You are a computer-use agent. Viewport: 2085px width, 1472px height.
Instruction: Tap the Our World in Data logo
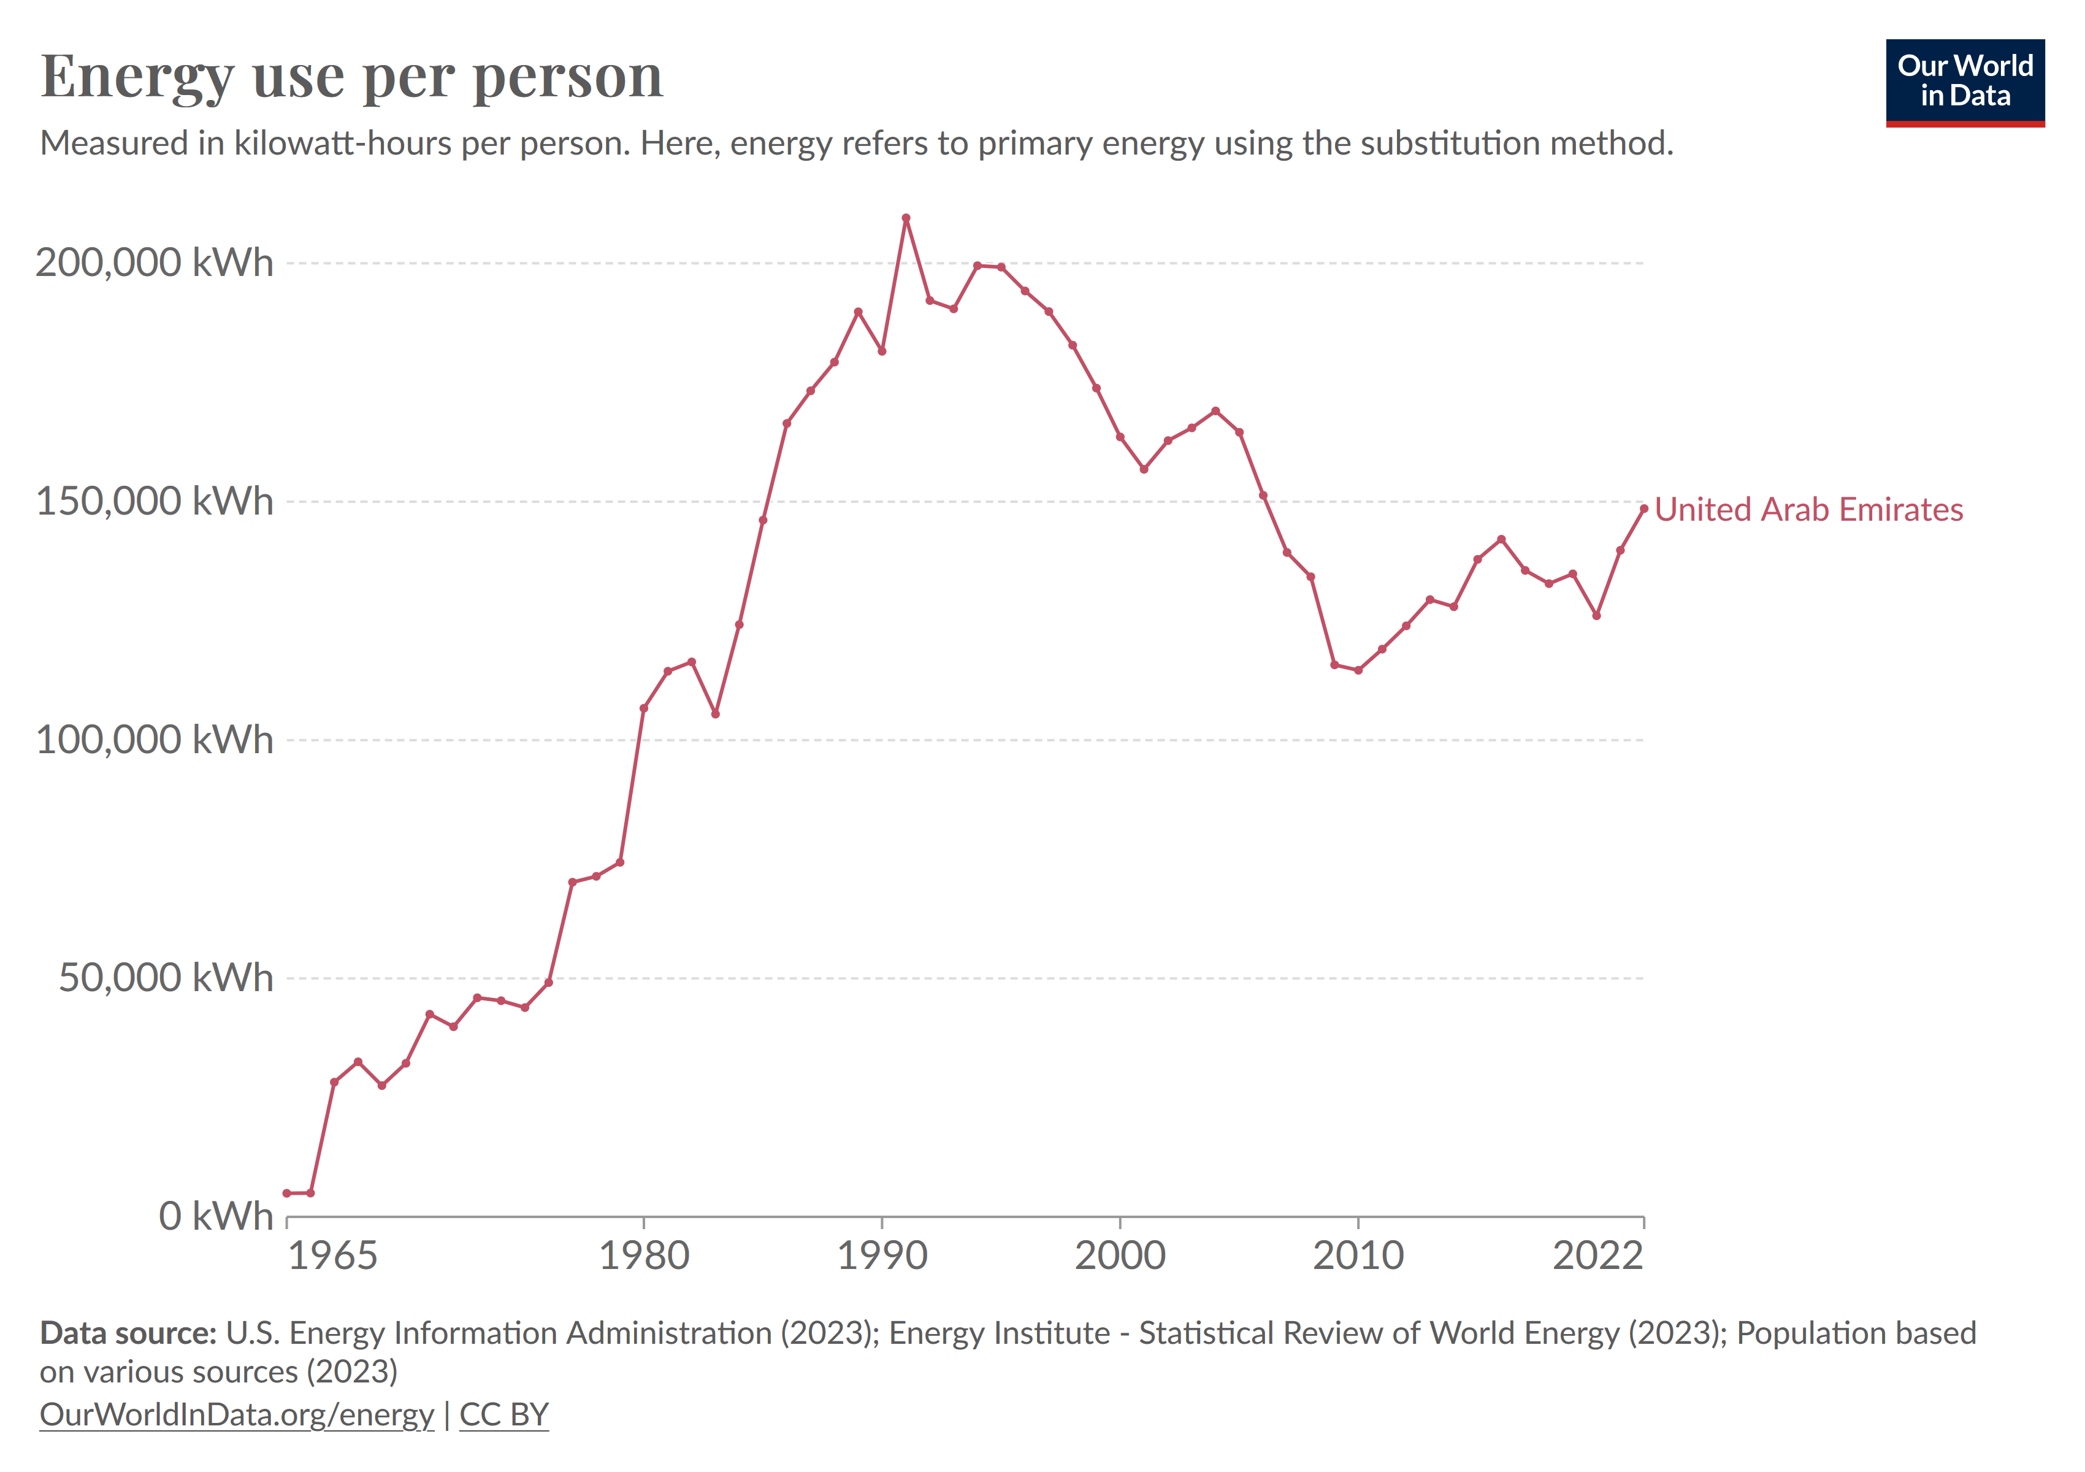[x=1964, y=82]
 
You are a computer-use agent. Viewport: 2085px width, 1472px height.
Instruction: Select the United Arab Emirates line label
[x=1808, y=510]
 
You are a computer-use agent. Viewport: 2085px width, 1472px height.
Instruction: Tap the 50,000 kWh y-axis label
[x=166, y=978]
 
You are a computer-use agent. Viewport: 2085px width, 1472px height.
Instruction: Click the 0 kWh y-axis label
[x=215, y=1216]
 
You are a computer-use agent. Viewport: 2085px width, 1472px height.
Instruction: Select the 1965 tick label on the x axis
[x=332, y=1256]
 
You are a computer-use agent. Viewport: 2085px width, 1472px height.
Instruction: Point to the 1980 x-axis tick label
[x=644, y=1256]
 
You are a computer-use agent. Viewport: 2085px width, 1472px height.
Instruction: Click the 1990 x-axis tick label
[x=882, y=1256]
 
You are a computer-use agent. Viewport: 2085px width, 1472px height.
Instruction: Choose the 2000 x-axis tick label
[x=1120, y=1256]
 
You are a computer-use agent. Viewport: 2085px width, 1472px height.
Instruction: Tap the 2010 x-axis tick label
[x=1358, y=1256]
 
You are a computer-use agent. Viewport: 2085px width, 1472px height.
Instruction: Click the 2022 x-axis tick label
[x=1597, y=1256]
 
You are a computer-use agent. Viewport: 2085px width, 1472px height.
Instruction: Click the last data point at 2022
[x=1643, y=508]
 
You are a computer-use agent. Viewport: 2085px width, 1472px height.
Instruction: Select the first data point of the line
[x=287, y=1193]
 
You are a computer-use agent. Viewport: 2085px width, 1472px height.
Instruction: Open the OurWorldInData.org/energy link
[x=237, y=1415]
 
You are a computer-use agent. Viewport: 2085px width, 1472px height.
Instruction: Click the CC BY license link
[x=504, y=1415]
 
